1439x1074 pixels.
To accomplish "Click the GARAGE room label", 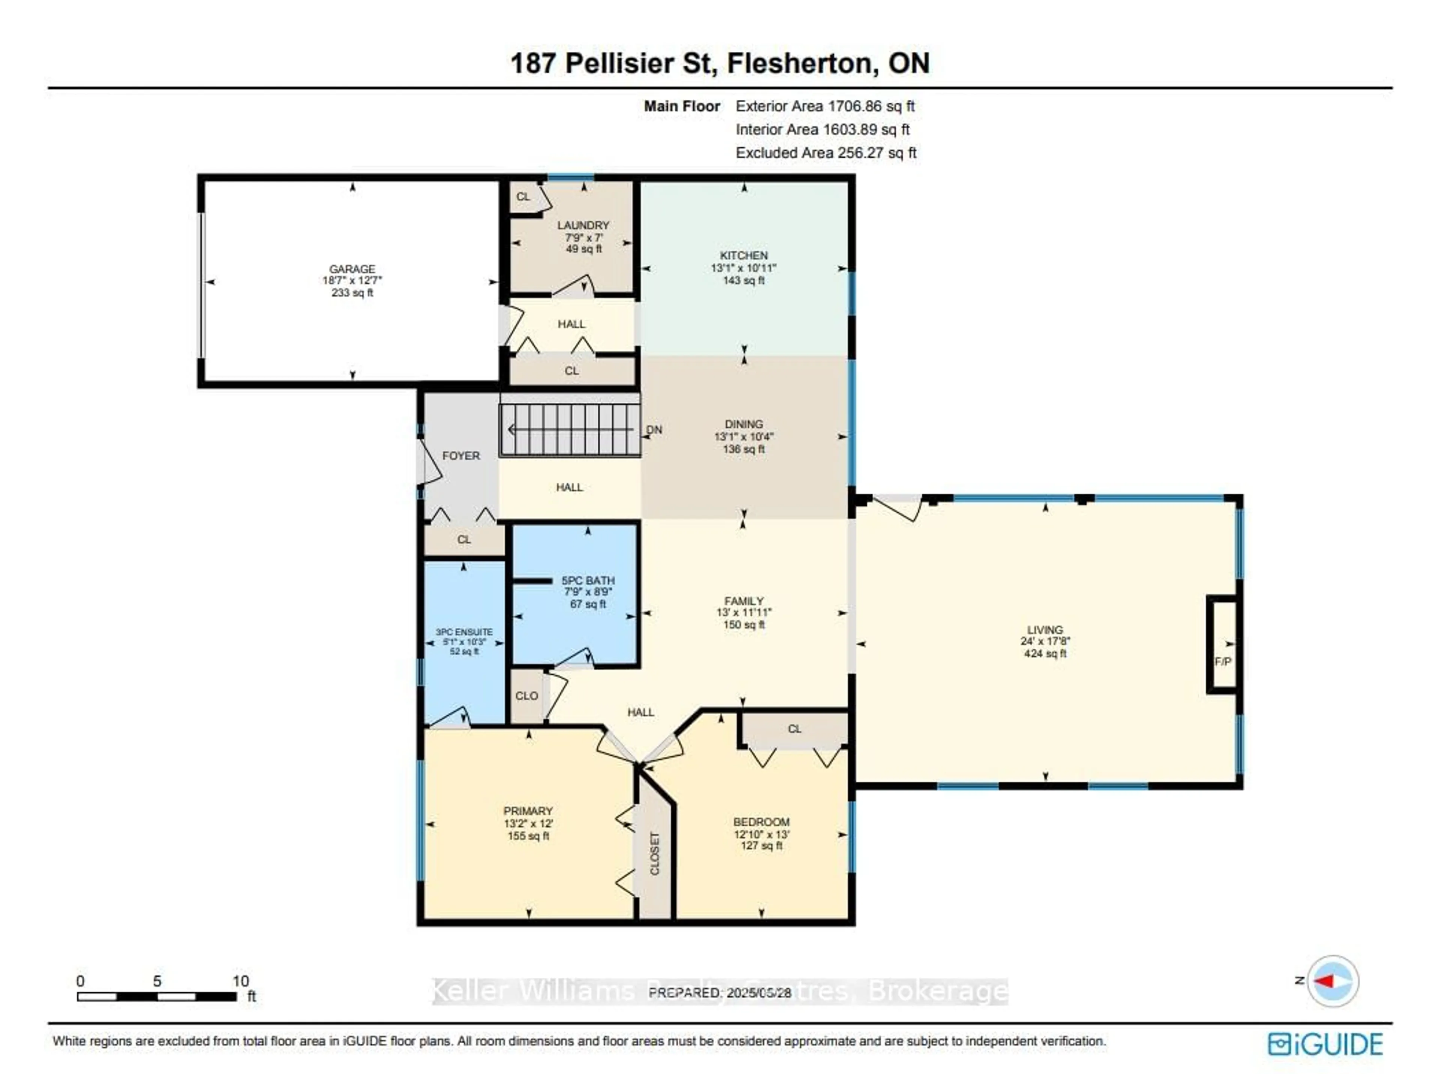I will point(352,268).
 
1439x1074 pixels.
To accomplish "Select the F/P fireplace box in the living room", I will point(1222,644).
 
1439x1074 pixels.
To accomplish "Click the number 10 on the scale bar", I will point(241,981).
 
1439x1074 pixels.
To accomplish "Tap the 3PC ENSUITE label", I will point(464,632).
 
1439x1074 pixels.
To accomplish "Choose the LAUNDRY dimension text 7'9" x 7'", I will point(584,237).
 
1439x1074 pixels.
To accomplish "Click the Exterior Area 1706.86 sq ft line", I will point(825,106).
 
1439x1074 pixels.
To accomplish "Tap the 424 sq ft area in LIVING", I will point(1045,654).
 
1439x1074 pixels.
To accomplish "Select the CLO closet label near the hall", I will point(527,696).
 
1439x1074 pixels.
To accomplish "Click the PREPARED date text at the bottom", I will point(719,993).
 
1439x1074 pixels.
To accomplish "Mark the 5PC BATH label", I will point(588,580).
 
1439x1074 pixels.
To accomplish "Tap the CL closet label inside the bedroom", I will point(794,729).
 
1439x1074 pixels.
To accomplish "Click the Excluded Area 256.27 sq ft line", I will point(826,153).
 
